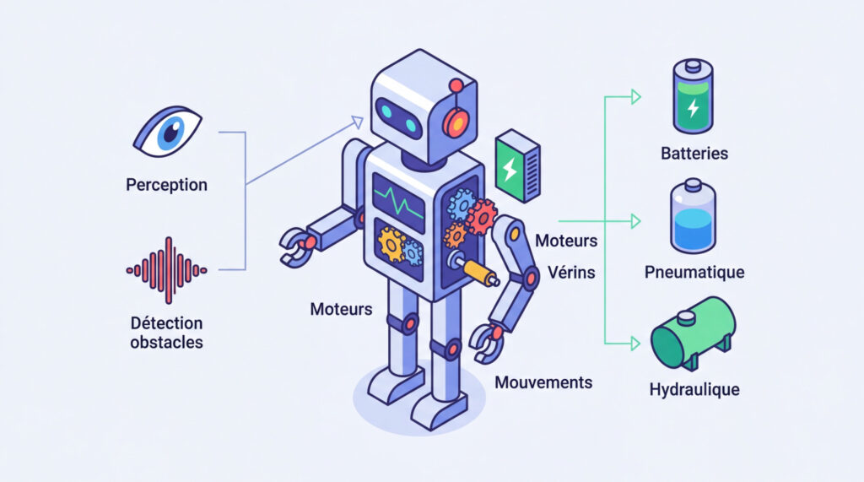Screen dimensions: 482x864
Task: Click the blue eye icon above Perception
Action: (169, 133)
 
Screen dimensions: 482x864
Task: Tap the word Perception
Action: (166, 184)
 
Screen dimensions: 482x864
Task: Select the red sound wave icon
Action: (166, 270)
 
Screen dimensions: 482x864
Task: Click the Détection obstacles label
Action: (166, 333)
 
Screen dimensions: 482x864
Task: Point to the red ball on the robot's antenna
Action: (456, 84)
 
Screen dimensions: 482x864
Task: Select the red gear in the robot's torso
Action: (481, 216)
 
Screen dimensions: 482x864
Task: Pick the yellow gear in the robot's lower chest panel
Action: (391, 244)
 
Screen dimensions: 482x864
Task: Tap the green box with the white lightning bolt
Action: (517, 166)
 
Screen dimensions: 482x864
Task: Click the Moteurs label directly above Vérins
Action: (566, 241)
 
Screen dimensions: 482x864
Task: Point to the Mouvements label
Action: (543, 382)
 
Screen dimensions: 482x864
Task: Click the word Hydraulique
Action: (694, 390)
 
